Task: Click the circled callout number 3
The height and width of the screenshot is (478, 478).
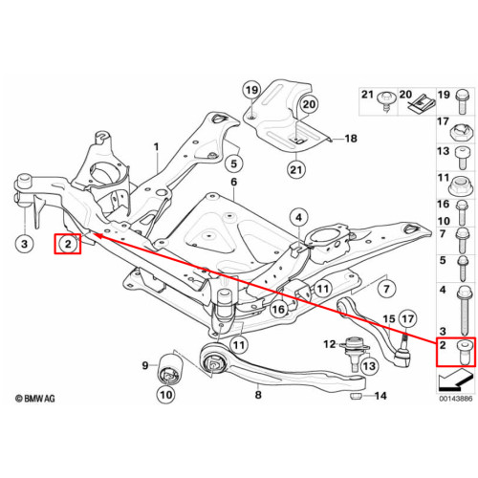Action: click(x=25, y=244)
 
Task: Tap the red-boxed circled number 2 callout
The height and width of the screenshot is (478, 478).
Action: click(x=68, y=244)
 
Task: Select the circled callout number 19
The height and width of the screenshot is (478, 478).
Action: click(x=251, y=90)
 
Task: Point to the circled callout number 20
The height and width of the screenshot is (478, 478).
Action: click(x=309, y=104)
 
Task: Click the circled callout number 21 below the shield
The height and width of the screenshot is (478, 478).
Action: click(x=296, y=169)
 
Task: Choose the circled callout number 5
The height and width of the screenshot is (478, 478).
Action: click(x=234, y=163)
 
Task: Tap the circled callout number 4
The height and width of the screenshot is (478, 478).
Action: click(x=298, y=218)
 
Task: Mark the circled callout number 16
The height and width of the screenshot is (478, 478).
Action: click(x=278, y=309)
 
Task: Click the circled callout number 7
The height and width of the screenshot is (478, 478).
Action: click(x=386, y=289)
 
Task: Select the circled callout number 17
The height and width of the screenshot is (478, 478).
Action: click(x=408, y=319)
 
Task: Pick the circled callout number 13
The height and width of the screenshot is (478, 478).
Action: click(x=369, y=366)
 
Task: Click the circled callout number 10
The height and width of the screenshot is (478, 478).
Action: click(x=166, y=395)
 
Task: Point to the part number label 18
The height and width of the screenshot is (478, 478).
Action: click(x=351, y=139)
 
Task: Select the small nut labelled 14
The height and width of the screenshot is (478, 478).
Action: click(x=356, y=396)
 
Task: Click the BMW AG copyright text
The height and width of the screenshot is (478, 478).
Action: click(x=35, y=399)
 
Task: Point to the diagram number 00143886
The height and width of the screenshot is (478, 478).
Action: click(x=456, y=399)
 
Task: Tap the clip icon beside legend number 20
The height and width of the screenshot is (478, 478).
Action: click(x=422, y=102)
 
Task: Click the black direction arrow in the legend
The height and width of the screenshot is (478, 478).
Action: click(x=455, y=380)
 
